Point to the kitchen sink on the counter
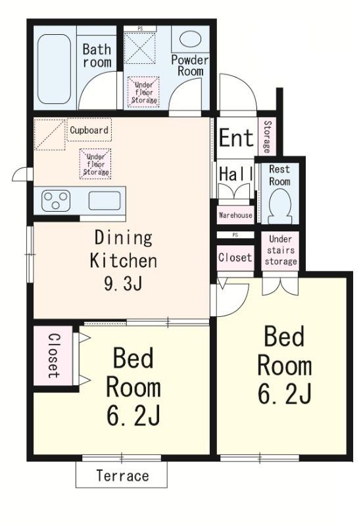click(x=103, y=201)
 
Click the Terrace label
click(x=122, y=475)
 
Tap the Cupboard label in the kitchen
click(x=89, y=130)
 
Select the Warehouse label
click(x=235, y=215)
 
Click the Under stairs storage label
click(x=281, y=250)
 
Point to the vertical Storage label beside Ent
click(x=268, y=135)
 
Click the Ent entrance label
click(x=236, y=139)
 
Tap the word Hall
click(x=236, y=174)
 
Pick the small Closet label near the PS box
click(x=235, y=258)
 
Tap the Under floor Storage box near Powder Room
click(x=143, y=92)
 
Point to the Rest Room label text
click(x=279, y=175)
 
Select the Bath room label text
click(x=97, y=55)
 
